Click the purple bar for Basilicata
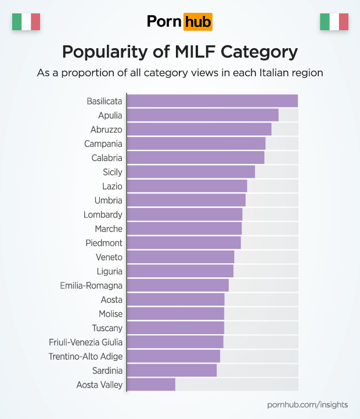[212, 101]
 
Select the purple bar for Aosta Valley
[151, 384]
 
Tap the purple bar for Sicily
[190, 171]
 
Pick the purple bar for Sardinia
[171, 370]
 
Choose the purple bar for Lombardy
[184, 214]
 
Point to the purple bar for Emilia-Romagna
[178, 285]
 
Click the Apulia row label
[110, 116]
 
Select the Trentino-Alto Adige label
[85, 356]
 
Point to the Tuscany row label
[107, 328]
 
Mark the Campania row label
[103, 144]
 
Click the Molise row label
[110, 314]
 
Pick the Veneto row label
[109, 257]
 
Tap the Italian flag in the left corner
[26, 22]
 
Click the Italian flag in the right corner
[334, 22]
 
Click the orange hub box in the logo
[197, 22]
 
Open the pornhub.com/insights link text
[308, 404]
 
